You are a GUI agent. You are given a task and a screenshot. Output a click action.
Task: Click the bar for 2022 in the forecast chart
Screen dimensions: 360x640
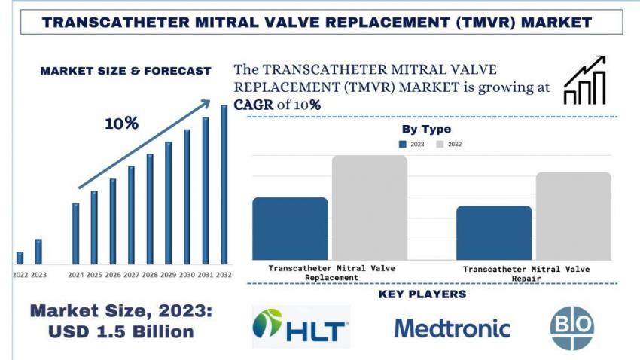(20, 258)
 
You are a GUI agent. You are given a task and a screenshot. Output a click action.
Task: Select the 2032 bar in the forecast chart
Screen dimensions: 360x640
(224, 184)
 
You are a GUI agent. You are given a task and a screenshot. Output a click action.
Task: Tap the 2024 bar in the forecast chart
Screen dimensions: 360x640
(75, 233)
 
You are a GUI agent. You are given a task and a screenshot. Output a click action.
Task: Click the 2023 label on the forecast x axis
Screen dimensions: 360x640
(38, 275)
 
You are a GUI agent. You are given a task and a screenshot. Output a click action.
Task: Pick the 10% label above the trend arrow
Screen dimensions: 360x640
(121, 124)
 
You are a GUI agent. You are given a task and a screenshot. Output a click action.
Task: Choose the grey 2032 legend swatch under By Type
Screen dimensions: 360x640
(440, 144)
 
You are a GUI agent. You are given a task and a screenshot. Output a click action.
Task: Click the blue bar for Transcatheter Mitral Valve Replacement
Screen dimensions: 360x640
(290, 229)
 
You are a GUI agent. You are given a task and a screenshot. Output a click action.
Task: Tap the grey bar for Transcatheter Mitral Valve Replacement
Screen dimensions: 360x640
(369, 208)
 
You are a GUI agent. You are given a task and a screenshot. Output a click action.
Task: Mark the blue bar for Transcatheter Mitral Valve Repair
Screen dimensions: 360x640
(494, 233)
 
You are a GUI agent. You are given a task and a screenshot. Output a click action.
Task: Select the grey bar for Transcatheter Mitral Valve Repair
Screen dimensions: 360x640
(574, 216)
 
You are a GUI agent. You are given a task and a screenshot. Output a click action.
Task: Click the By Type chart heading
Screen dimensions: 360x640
(426, 130)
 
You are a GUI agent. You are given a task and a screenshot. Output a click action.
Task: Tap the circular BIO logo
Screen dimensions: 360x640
(572, 328)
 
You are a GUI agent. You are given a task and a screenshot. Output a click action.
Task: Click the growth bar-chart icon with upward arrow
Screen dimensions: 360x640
(586, 81)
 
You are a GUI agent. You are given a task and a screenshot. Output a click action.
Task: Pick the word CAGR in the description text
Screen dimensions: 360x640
(254, 105)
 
